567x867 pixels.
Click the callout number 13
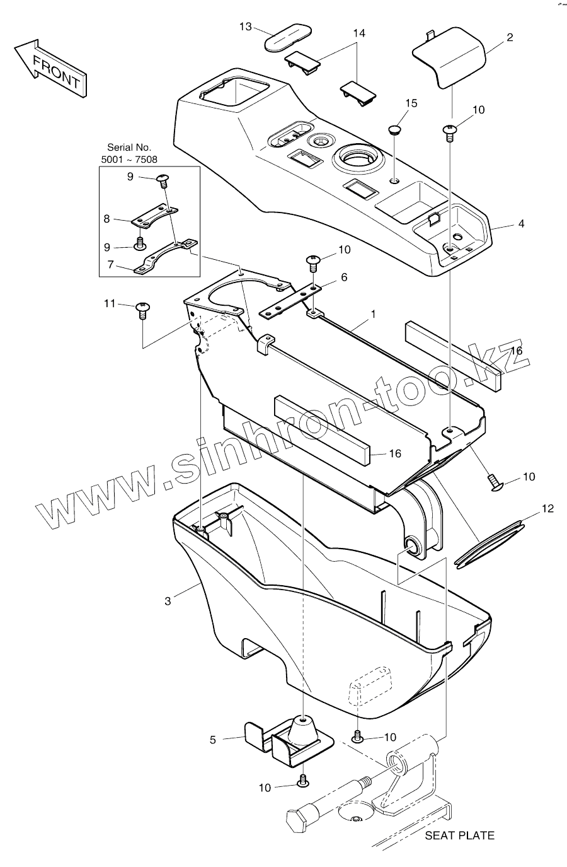coord(246,26)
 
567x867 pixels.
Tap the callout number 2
coord(510,37)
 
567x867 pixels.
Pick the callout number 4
coord(521,224)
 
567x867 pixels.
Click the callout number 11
coord(110,304)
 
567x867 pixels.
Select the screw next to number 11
coord(142,310)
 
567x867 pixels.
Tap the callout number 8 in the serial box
coord(106,219)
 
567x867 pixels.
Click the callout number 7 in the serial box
coord(111,265)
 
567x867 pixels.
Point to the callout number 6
coord(344,277)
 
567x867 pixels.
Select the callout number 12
coord(547,508)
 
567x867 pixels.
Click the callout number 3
coord(168,602)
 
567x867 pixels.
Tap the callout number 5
coord(213,740)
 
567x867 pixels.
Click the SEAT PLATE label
coord(459,835)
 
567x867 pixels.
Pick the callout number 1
coord(373,313)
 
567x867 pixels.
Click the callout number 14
coord(359,33)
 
